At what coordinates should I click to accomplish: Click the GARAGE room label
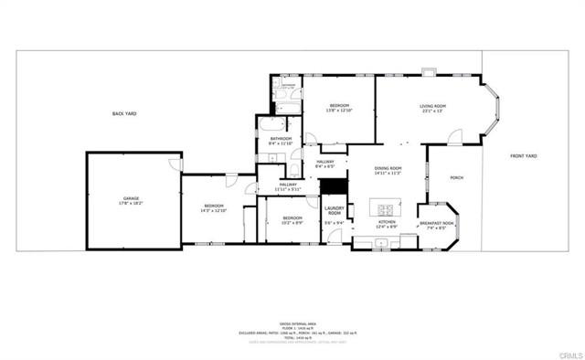132,198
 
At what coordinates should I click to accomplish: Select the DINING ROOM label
389,168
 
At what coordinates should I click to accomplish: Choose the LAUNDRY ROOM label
334,211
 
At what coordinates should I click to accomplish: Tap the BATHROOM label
280,139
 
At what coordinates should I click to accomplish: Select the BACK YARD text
124,112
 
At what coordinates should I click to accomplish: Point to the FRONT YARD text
524,155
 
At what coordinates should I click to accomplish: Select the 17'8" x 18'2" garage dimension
132,204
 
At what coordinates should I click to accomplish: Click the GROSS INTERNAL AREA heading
292,323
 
